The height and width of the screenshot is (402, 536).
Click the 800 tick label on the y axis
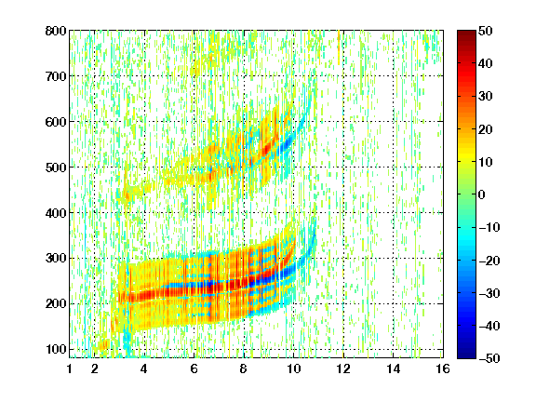click(56, 31)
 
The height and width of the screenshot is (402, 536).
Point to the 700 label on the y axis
click(56, 76)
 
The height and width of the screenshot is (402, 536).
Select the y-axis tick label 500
click(56, 167)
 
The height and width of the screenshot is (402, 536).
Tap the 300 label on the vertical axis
click(56, 259)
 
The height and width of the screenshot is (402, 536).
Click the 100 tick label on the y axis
click(56, 349)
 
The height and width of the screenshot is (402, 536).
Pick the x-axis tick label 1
click(70, 368)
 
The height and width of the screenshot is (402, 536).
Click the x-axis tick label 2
click(95, 368)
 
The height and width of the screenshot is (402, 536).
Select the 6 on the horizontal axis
click(194, 368)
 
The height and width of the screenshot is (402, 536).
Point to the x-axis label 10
click(294, 368)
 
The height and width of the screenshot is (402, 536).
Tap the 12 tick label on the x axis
click(343, 368)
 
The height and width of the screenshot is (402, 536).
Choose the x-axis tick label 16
click(443, 368)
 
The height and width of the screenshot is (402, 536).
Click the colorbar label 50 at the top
click(486, 31)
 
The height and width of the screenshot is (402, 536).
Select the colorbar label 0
click(482, 194)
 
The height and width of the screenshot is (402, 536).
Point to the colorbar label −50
click(489, 358)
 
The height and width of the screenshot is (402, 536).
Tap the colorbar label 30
click(486, 97)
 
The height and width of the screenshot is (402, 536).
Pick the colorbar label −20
click(489, 261)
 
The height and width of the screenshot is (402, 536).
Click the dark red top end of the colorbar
click(466, 33)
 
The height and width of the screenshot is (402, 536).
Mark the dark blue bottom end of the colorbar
click(466, 356)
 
